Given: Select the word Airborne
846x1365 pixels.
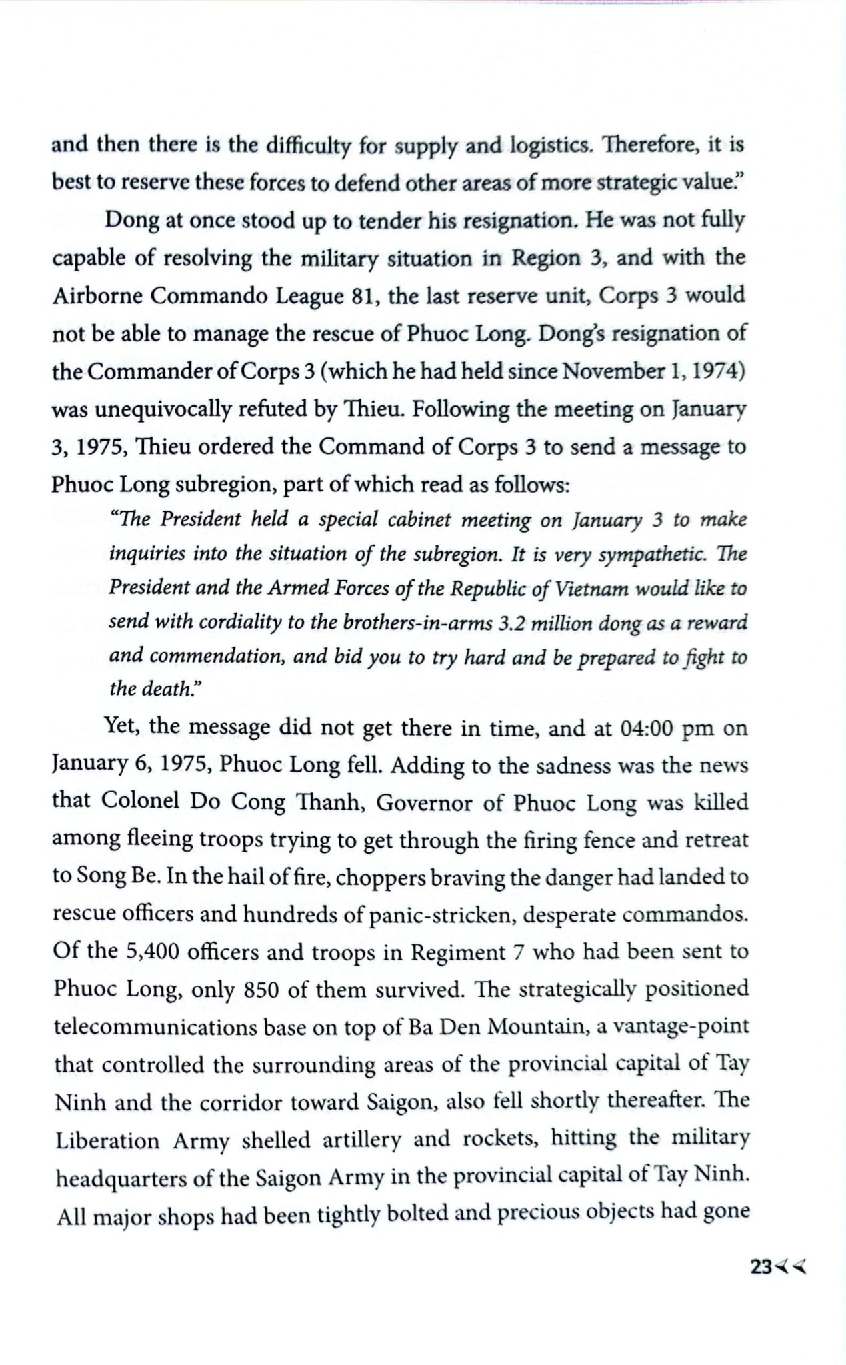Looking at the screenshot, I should (96, 296).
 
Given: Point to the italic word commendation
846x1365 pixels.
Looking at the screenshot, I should (218, 657).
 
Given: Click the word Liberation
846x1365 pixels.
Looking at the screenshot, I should (107, 1141).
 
